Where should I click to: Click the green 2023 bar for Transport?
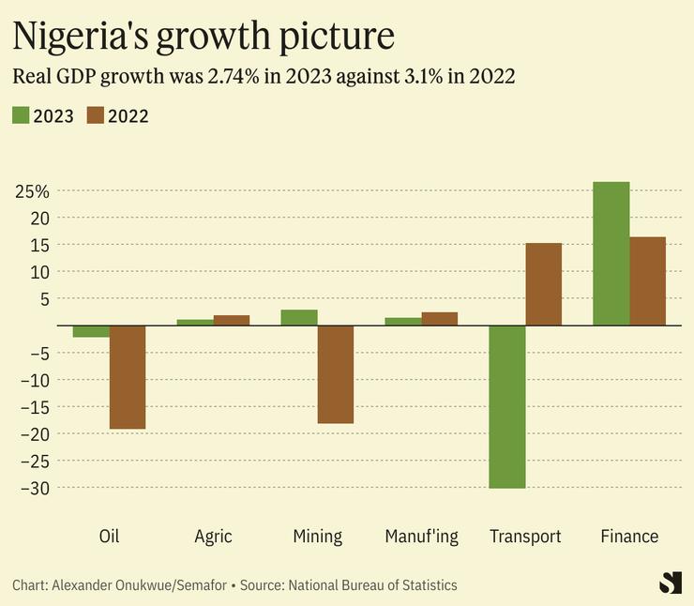(x=507, y=406)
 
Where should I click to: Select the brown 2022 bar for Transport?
(x=544, y=284)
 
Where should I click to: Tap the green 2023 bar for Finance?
(x=611, y=253)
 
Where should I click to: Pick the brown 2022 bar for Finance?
(x=647, y=281)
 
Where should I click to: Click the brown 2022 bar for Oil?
(x=128, y=377)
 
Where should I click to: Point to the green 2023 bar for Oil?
(x=91, y=331)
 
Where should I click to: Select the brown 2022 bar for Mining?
(x=336, y=374)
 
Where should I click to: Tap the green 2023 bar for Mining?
(x=299, y=317)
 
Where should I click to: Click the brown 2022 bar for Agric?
(x=232, y=320)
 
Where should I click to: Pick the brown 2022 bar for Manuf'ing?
(x=440, y=319)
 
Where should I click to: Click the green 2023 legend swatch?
(x=21, y=115)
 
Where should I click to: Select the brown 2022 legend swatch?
(x=96, y=115)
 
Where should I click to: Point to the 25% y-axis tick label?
(x=32, y=191)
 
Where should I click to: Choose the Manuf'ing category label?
(x=421, y=537)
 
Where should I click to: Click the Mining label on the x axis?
(x=317, y=537)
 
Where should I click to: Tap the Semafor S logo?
(x=670, y=582)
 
